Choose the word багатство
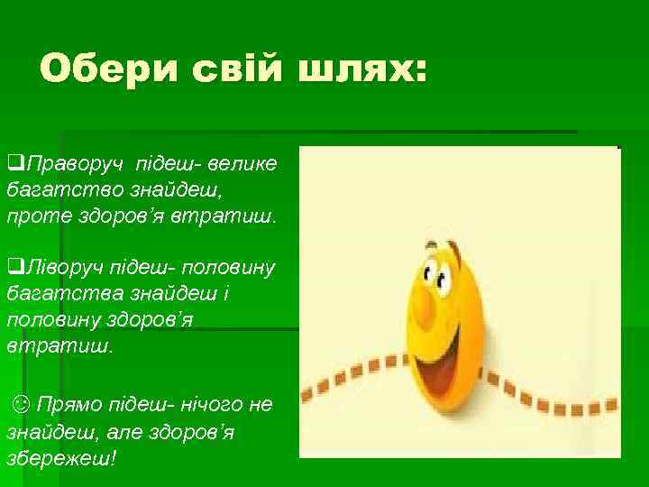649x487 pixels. pyautogui.click(x=52, y=191)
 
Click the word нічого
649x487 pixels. pyautogui.click(x=197, y=406)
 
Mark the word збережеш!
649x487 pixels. pyautogui.click(x=61, y=458)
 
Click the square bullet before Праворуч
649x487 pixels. pyautogui.click(x=14, y=165)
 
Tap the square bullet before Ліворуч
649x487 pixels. pyautogui.click(x=14, y=268)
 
